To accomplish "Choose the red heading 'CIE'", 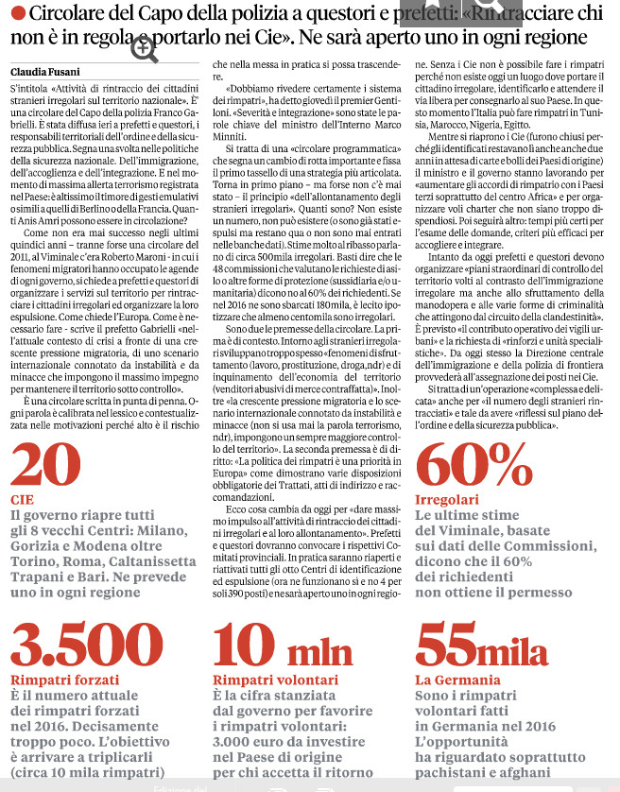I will (x=22, y=498).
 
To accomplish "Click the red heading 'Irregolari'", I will (x=447, y=498).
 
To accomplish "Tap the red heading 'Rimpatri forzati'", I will (x=60, y=680).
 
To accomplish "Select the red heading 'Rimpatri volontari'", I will (x=266, y=680).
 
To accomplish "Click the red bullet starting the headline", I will (x=19, y=13).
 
